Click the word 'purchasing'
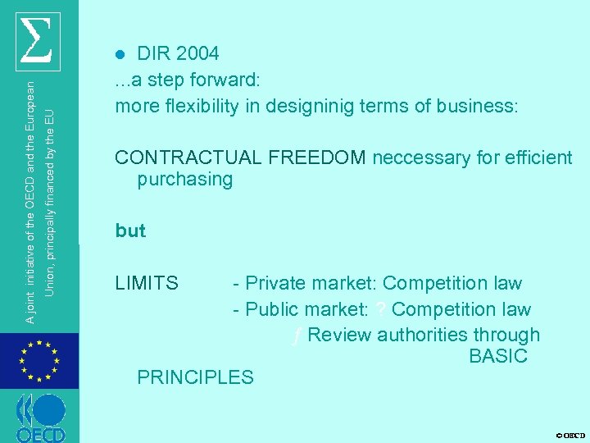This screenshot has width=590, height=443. click(185, 180)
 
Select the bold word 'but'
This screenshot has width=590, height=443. click(130, 231)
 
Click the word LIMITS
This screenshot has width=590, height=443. click(147, 284)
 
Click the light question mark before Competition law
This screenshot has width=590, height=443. click(381, 309)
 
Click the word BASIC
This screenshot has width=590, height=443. click(498, 356)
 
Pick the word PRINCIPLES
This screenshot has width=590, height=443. click(195, 377)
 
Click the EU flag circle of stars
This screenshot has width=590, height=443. click(39, 361)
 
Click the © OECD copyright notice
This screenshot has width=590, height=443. click(570, 435)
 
